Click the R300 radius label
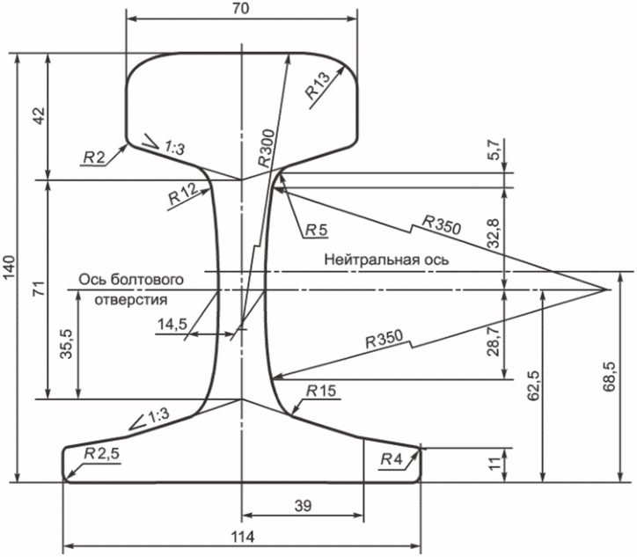[x=265, y=146]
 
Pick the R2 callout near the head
[x=94, y=157]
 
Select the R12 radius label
[x=181, y=195]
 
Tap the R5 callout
[x=316, y=231]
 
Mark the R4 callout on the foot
[x=392, y=458]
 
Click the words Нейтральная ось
[x=386, y=260]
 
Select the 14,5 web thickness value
[x=172, y=325]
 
